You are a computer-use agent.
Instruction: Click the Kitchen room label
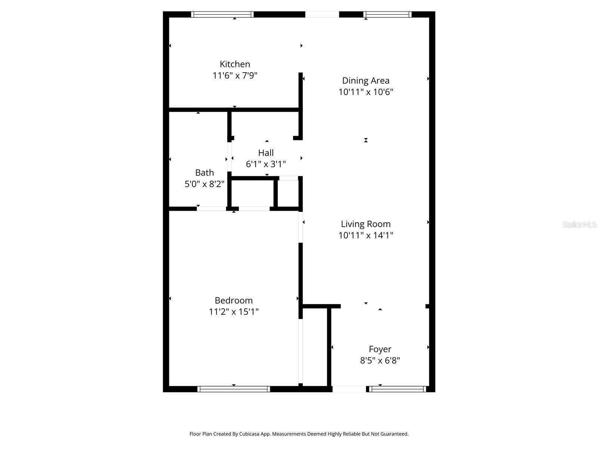pyautogui.click(x=235, y=64)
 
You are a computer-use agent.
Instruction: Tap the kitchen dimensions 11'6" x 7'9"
pyautogui.click(x=235, y=76)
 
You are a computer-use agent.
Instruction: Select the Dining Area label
pyautogui.click(x=366, y=80)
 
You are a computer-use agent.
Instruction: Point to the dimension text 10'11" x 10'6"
pyautogui.click(x=366, y=92)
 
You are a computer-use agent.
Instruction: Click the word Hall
pyautogui.click(x=266, y=153)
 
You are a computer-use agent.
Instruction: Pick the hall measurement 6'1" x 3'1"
pyautogui.click(x=266, y=164)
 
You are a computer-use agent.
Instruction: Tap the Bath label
pyautogui.click(x=204, y=172)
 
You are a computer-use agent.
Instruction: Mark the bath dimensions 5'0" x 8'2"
pyautogui.click(x=204, y=184)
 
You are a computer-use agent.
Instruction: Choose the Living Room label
pyautogui.click(x=366, y=224)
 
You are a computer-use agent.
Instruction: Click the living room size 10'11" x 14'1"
pyautogui.click(x=366, y=235)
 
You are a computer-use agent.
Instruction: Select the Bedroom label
pyautogui.click(x=234, y=300)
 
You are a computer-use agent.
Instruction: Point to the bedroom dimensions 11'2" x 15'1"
pyautogui.click(x=234, y=312)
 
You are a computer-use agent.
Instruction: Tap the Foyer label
pyautogui.click(x=380, y=349)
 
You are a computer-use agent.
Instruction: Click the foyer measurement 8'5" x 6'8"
pyautogui.click(x=380, y=361)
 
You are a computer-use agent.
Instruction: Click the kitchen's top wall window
pyautogui.click(x=222, y=15)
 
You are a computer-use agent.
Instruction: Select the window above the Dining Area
pyautogui.click(x=387, y=15)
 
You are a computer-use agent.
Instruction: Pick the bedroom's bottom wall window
pyautogui.click(x=234, y=389)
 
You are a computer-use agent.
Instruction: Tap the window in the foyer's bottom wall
pyautogui.click(x=398, y=389)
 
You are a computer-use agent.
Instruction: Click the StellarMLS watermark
pyautogui.click(x=579, y=225)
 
